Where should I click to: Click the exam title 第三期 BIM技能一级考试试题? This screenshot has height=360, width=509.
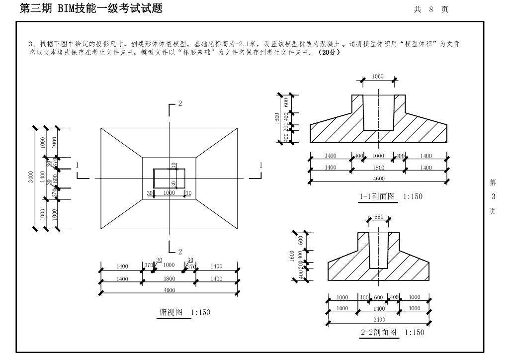pos(90,8)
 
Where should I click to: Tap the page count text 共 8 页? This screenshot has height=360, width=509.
pos(431,9)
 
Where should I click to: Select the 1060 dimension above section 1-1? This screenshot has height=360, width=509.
pos(378,77)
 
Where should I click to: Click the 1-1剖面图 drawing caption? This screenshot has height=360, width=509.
pos(378,196)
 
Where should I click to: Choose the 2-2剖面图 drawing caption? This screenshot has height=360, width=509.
pos(379,332)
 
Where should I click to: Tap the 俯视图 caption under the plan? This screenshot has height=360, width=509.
pos(171,312)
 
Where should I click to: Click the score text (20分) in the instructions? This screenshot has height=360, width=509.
pos(330,52)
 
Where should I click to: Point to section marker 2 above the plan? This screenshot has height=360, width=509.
pos(180,103)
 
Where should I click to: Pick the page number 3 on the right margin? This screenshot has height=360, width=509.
pos(493,196)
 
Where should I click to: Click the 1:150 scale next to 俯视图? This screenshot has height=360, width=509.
pos(201,312)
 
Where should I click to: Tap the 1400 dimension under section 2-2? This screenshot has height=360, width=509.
pos(379,308)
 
